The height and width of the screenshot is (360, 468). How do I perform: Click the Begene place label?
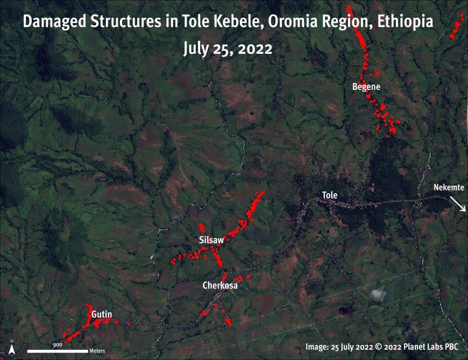click(366, 86)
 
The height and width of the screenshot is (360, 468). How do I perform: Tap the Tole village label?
click(329, 195)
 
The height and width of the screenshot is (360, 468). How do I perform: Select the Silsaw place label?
click(211, 240)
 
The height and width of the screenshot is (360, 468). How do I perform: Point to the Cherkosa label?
click(220, 285)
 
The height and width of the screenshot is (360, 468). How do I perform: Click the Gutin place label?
click(101, 314)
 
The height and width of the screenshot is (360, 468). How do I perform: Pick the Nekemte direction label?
click(449, 188)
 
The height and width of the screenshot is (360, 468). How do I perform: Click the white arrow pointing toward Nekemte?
click(458, 204)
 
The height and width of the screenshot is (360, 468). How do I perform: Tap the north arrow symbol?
click(12, 349)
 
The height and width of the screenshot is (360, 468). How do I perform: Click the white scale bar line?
click(58, 351)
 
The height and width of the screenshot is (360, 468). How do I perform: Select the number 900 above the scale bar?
click(58, 344)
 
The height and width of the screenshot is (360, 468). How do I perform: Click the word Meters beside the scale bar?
click(97, 351)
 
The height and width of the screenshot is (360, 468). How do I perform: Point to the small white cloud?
click(378, 294)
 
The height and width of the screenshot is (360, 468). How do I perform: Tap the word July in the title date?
click(197, 48)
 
